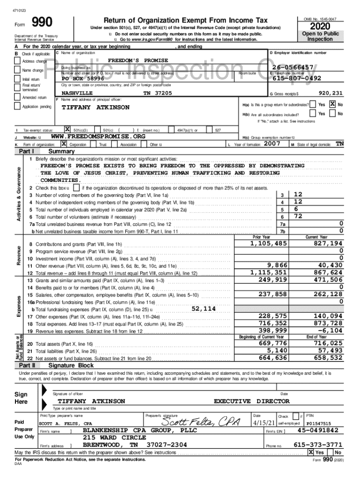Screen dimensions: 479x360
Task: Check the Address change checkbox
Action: [x=17, y=61]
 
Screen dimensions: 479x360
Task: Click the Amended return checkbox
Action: [x=17, y=97]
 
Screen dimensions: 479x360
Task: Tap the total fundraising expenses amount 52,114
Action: [x=204, y=309]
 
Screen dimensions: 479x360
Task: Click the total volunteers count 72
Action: [x=298, y=216]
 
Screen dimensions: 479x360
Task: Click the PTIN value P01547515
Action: [x=318, y=424]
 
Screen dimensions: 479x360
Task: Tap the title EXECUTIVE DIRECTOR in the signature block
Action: [x=252, y=401]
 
